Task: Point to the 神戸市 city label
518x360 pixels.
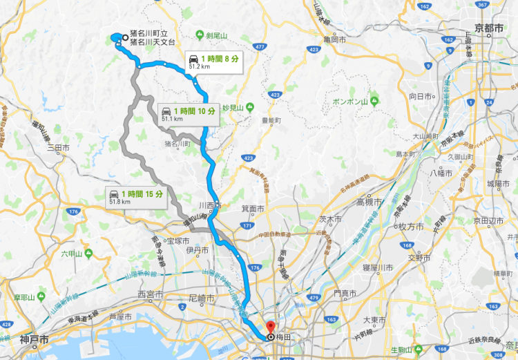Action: pos(34,340)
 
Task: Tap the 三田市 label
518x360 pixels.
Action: pos(59,147)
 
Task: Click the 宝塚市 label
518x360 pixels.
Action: pos(169,241)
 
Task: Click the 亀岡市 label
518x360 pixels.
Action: pos(334,39)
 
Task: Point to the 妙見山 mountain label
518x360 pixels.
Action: pos(236,108)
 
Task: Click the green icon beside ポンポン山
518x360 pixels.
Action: pos(373,101)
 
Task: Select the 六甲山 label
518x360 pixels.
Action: pos(70,254)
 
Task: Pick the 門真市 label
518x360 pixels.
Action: pos(343,294)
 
